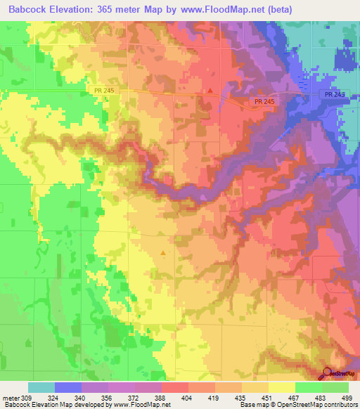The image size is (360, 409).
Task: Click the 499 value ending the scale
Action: (347, 398)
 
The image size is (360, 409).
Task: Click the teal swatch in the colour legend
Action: (41, 387)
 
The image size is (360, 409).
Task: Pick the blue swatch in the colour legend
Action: (68, 387)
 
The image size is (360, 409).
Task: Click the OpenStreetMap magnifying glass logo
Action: (328, 373)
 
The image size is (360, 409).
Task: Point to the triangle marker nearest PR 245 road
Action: (210, 90)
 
